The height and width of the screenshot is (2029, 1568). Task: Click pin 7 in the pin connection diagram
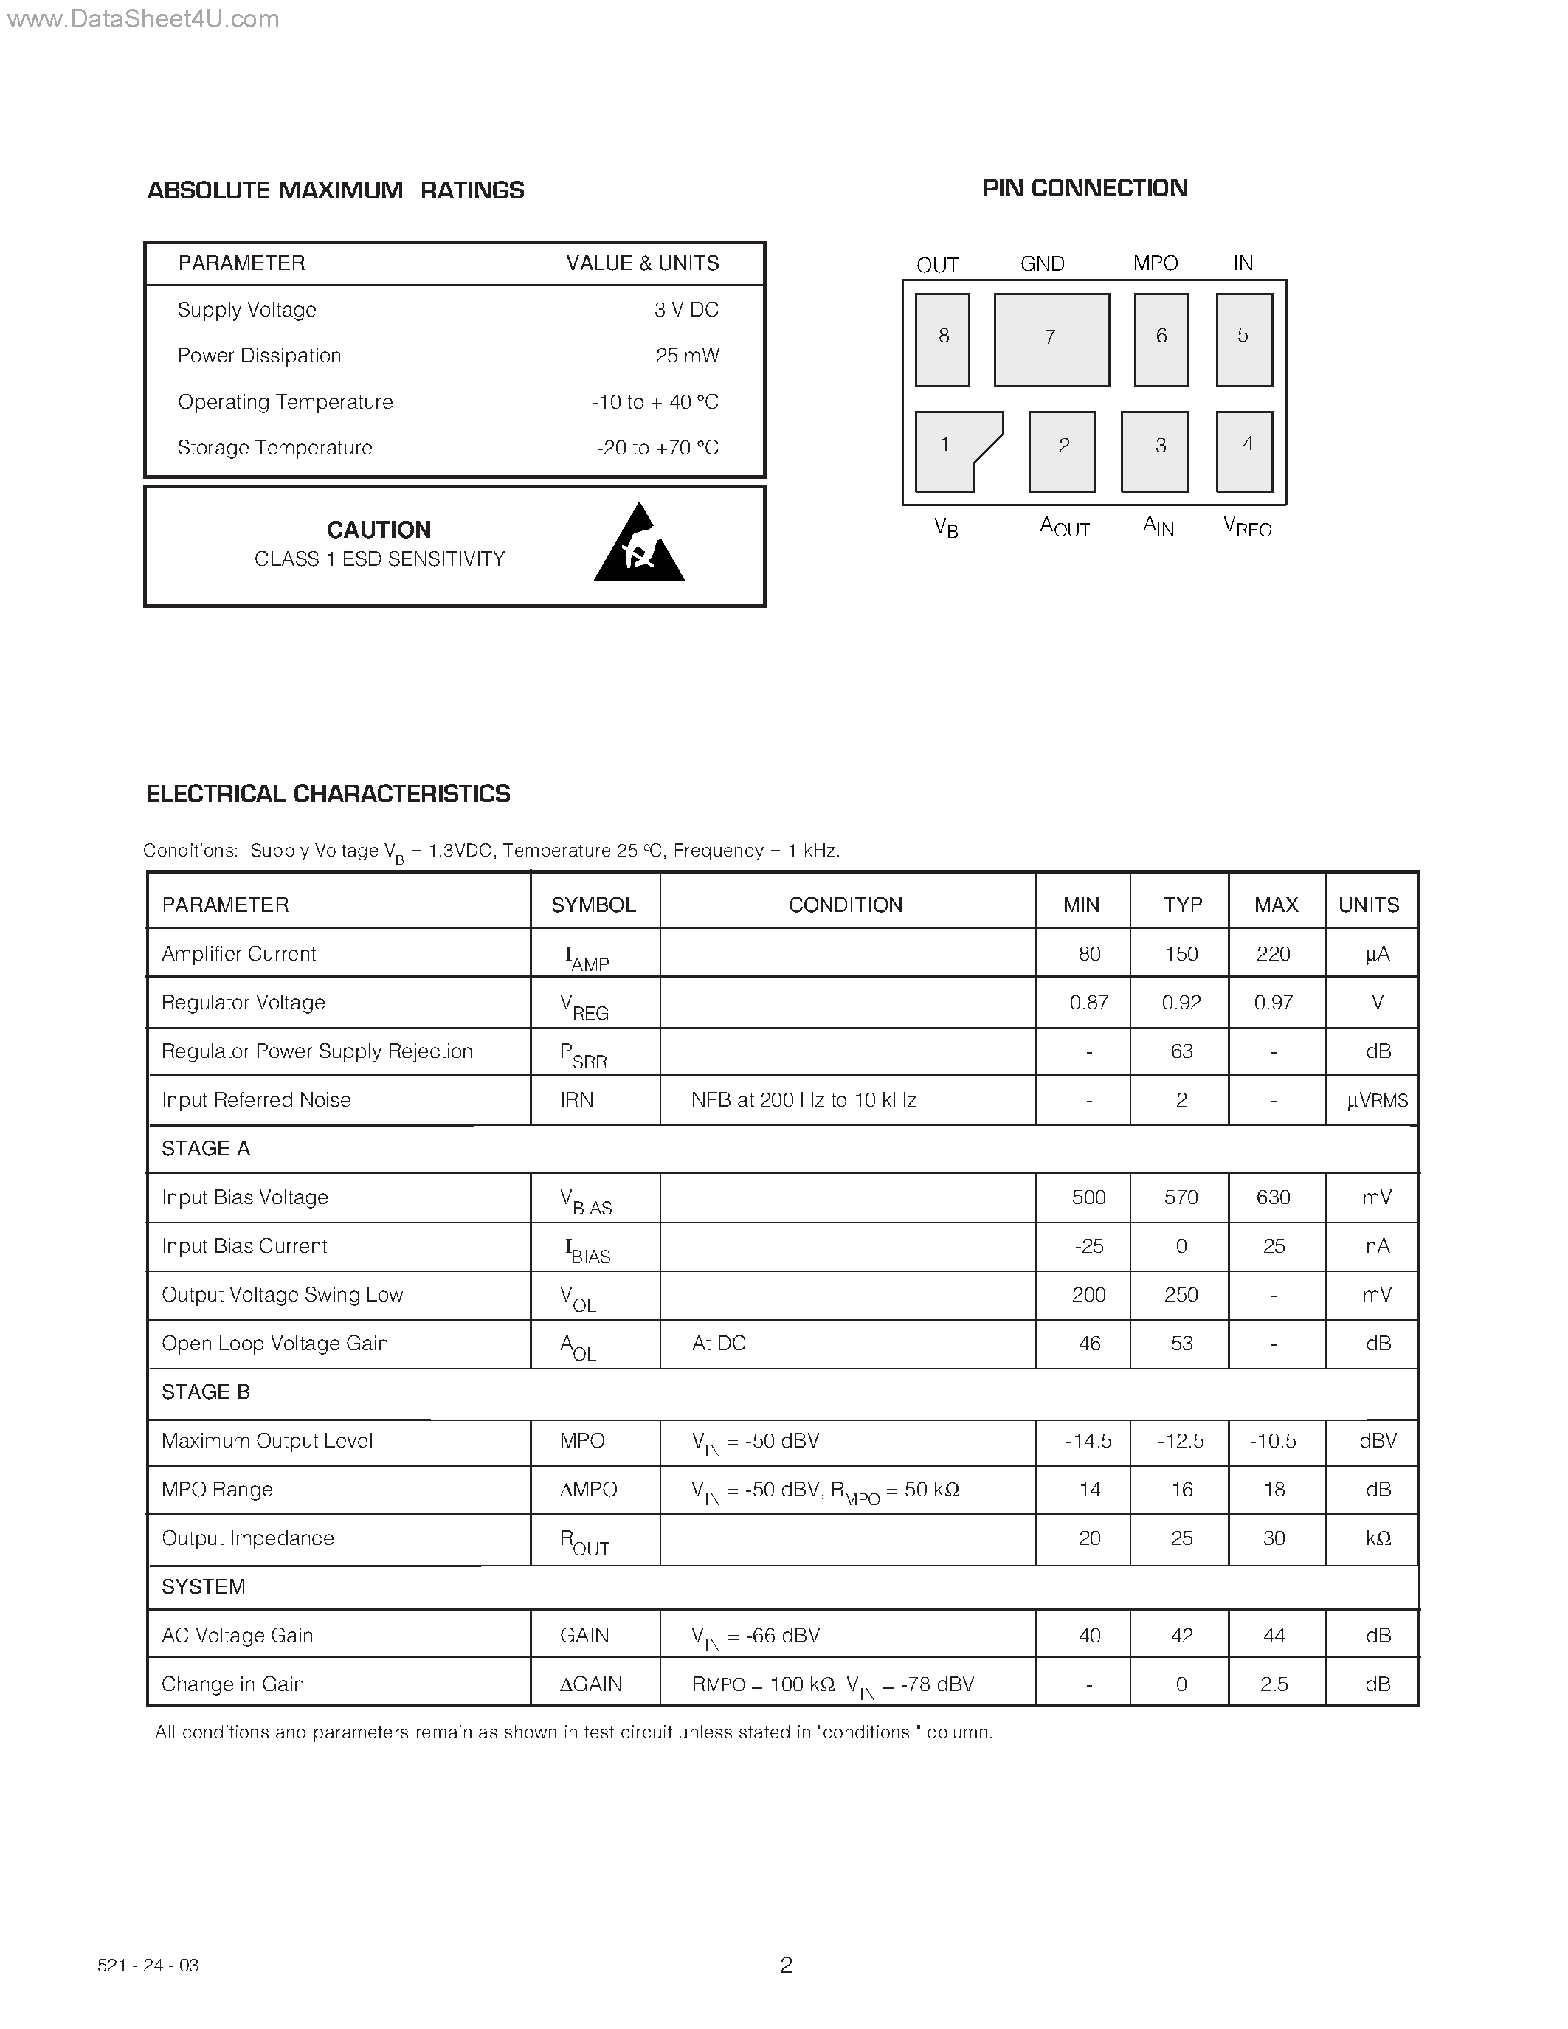(1051, 339)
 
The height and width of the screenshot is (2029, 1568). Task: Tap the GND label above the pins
(1041, 264)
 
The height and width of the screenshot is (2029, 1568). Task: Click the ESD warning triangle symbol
(639, 546)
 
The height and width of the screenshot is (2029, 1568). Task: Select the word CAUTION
(379, 530)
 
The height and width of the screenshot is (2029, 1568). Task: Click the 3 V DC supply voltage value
(685, 309)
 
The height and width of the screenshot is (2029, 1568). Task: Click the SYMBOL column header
(593, 905)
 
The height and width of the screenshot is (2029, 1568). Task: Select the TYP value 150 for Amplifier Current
(1181, 954)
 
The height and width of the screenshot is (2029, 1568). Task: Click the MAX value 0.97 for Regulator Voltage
(1273, 1003)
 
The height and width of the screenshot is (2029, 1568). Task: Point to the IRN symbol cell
(577, 1100)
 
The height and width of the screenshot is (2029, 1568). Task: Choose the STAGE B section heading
(205, 1392)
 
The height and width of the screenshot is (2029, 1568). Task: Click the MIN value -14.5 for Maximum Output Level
(1088, 1441)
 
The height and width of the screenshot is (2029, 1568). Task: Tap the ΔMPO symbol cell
(588, 1489)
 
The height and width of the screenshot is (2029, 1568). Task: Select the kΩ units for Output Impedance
(1378, 1538)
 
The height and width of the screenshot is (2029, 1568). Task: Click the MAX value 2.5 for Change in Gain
(1273, 1684)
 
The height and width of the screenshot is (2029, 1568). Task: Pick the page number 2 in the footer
(786, 1965)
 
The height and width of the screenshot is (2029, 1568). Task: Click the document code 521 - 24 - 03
(148, 1966)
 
